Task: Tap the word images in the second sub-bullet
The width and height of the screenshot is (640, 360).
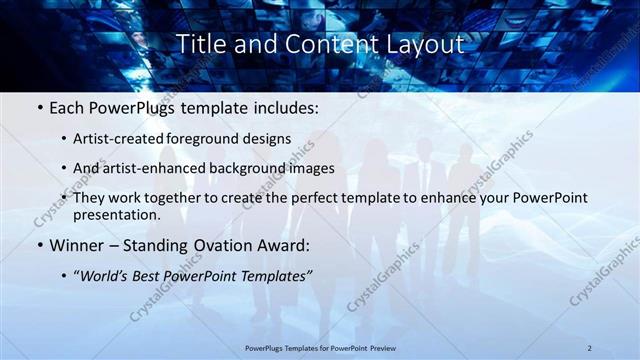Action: [307, 169]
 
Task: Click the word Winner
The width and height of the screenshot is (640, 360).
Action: [75, 243]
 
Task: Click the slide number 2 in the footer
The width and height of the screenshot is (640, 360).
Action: [590, 347]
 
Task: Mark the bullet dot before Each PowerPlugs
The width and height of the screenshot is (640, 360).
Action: [38, 106]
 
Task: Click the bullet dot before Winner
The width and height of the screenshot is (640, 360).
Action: [38, 243]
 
